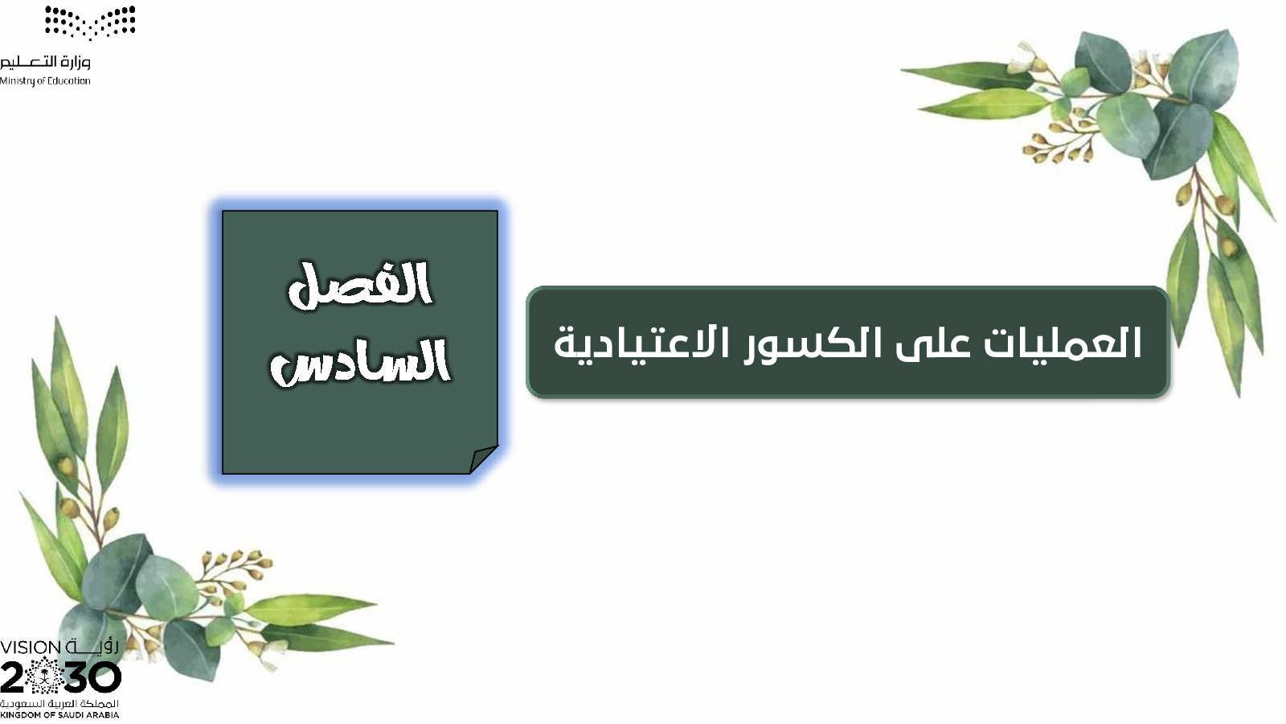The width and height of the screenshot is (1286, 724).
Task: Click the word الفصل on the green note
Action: [x=360, y=286]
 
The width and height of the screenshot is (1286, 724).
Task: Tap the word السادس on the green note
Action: [x=361, y=362]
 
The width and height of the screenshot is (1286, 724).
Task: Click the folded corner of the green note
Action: [x=483, y=459]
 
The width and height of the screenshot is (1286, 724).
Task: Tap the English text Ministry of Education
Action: [x=45, y=81]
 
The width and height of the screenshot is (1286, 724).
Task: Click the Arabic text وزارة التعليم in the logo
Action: [x=45, y=62]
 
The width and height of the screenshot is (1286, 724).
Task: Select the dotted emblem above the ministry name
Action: [x=90, y=23]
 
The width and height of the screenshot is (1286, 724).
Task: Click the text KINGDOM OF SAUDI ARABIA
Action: [x=59, y=715]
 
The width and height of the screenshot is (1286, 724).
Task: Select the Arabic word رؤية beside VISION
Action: [x=92, y=647]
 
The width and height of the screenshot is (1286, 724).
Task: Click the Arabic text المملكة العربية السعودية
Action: [x=59, y=704]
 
